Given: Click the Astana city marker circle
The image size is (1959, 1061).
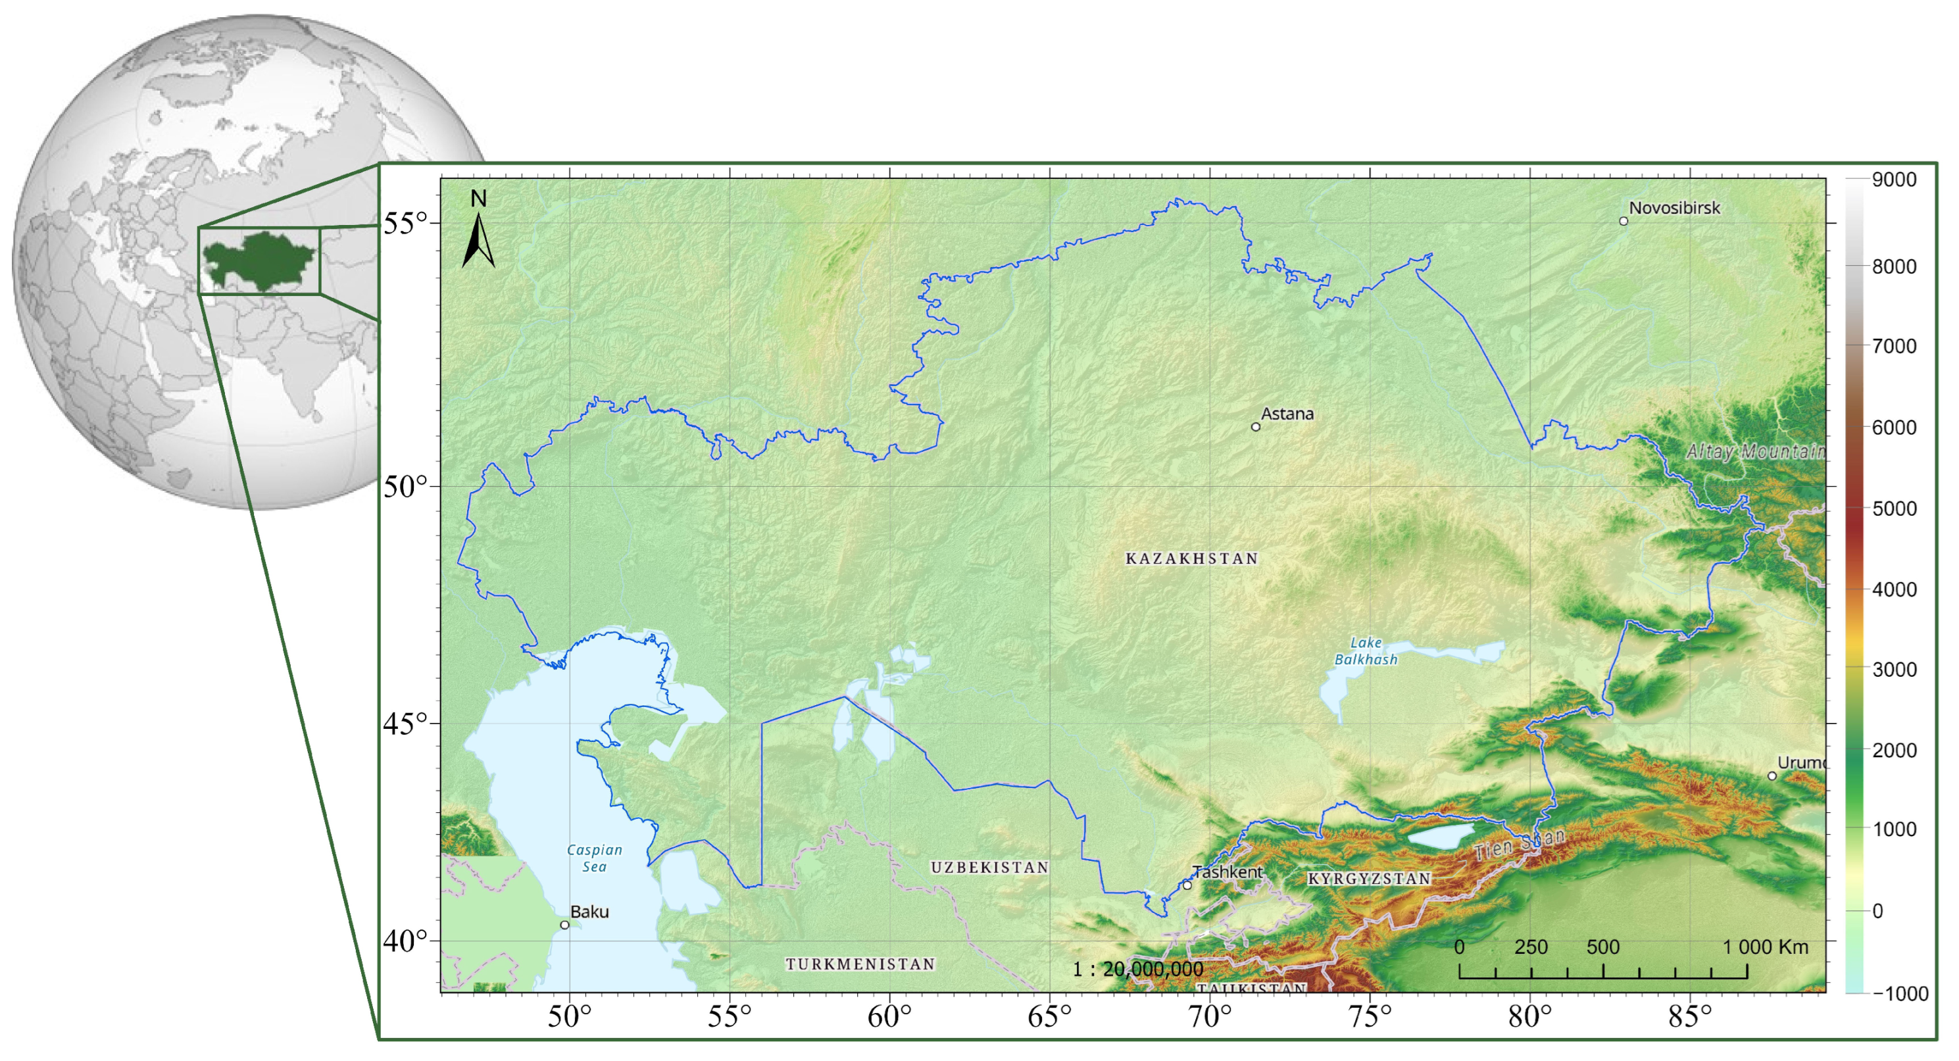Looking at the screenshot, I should point(1256,427).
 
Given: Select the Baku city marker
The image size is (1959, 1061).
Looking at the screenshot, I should point(564,925).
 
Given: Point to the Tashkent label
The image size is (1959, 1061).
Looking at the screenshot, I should point(1227,872).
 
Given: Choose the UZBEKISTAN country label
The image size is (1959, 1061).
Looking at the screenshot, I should point(989,867).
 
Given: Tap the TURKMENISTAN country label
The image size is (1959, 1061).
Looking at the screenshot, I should point(860,964).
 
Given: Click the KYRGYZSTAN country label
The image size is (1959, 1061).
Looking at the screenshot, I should point(1369,878).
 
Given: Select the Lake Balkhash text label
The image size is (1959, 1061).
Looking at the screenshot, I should point(1366,651).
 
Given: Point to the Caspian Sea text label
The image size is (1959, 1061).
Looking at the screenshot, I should point(595,858).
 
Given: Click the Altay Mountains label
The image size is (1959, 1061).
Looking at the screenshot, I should point(1755,452).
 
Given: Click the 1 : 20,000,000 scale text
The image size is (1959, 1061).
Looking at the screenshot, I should point(1137,969).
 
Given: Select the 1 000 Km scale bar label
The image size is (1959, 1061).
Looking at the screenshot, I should point(1765,947).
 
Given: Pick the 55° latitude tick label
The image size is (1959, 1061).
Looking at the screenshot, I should point(405,224).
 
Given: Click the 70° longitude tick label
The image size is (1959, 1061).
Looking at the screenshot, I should point(1209,1016).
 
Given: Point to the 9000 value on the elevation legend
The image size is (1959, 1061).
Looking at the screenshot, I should point(1894,180).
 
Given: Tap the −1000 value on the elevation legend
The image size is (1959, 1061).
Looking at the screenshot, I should point(1900,993).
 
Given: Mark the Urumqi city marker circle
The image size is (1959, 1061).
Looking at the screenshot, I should point(1772,776).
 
